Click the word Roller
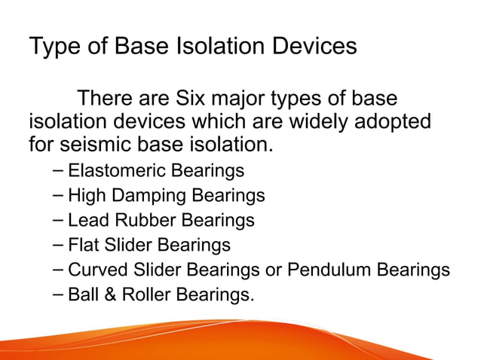pos(143,294)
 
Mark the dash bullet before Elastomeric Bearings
pos(59,171)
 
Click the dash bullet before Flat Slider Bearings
pos(59,245)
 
